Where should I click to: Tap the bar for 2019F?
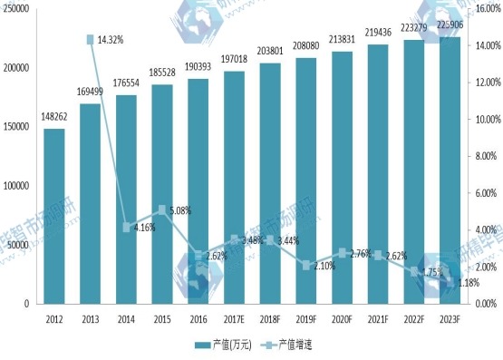pyautogui.click(x=305, y=180)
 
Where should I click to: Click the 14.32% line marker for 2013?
pyautogui.click(x=91, y=40)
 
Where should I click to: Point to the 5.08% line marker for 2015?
pyautogui.click(x=161, y=210)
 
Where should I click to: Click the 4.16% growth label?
pyautogui.click(x=140, y=227)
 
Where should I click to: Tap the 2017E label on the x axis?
pyautogui.click(x=234, y=318)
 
